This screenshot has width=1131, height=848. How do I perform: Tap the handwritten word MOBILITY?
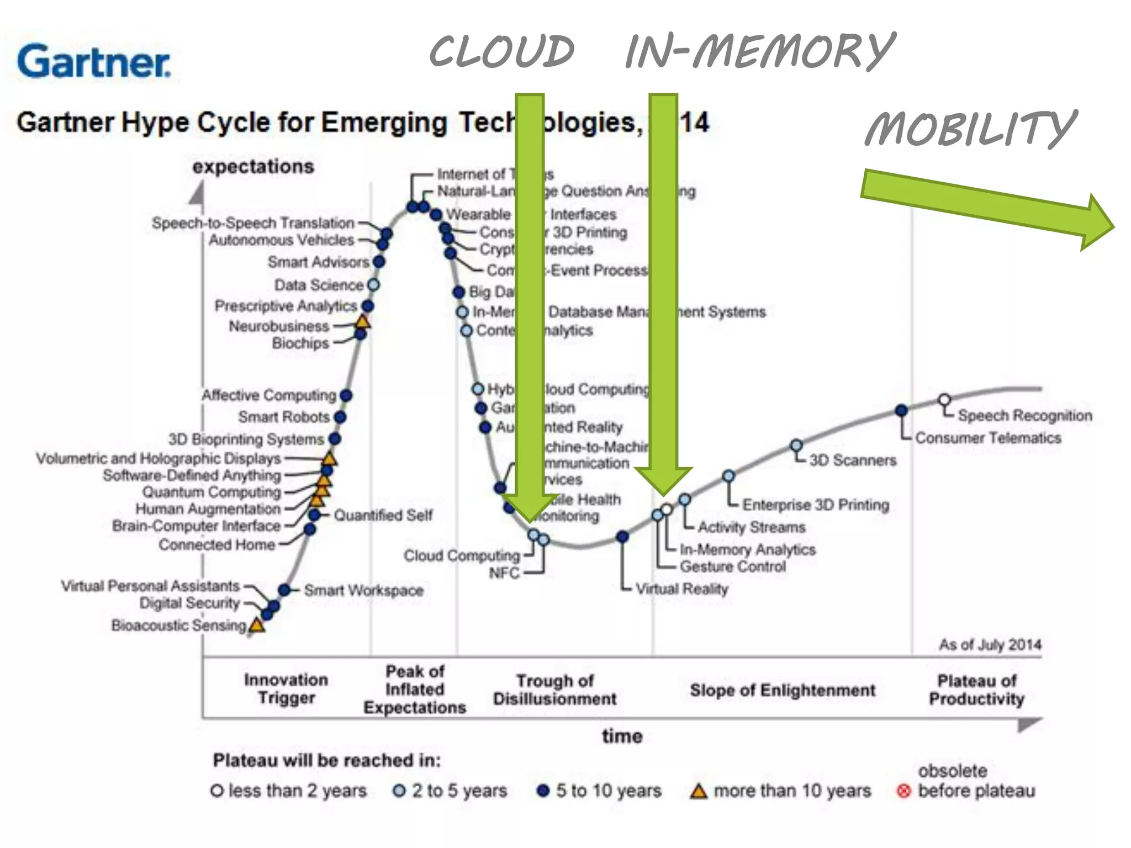(970, 129)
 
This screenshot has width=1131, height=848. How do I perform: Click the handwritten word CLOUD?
(501, 51)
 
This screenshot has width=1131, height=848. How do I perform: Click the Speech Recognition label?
(1025, 415)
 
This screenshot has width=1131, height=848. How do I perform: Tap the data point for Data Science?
(373, 285)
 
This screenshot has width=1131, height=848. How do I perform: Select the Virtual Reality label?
(681, 589)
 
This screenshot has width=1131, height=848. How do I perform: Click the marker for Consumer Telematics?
(901, 410)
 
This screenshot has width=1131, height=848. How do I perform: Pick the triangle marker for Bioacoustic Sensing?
(257, 626)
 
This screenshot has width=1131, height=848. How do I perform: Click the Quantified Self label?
(383, 515)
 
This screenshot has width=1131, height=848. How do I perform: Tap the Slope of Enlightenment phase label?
(783, 690)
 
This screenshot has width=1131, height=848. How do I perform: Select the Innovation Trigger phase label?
(286, 688)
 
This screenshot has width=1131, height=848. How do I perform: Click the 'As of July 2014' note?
(990, 644)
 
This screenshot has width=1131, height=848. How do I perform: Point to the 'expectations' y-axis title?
(253, 166)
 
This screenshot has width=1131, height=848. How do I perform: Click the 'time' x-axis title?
(622, 736)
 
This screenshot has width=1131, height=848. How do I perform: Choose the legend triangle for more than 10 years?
(699, 791)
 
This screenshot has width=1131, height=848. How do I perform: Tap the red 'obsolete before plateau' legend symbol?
(903, 791)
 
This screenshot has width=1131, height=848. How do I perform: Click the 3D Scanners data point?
(796, 446)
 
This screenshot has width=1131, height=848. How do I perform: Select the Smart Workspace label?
(363, 590)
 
